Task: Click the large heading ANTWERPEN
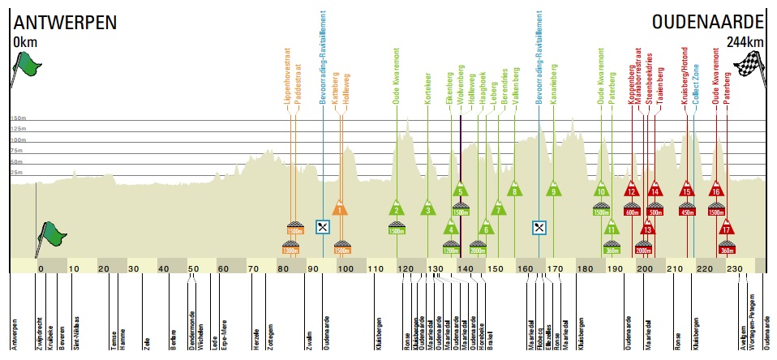coord(63,22)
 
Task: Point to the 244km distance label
coord(745,42)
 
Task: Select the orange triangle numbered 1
coord(341,208)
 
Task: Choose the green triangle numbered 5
coord(460,191)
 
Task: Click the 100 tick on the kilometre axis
coord(345,269)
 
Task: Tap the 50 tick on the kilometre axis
coord(193,269)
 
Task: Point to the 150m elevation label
coord(19,118)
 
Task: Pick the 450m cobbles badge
coord(687,212)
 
